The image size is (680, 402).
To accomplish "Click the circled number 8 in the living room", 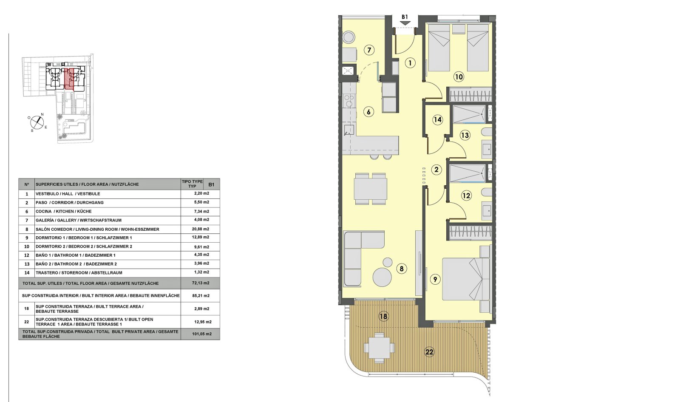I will (401, 269).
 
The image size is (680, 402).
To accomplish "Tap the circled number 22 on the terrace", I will (429, 352).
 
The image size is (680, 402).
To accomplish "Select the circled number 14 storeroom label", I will (438, 120).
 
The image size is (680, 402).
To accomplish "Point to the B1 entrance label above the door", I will (405, 17).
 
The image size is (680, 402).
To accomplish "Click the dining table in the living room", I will (371, 188).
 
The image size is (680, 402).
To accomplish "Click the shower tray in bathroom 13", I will (468, 114).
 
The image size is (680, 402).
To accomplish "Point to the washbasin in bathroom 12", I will (487, 210).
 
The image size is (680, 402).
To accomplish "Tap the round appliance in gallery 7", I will (349, 36).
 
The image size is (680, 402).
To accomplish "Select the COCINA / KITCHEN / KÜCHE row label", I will (63, 211).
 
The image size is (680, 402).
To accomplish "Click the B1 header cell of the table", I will (211, 184).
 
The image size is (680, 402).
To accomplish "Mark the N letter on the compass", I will (42, 114).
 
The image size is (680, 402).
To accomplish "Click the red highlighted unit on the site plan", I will (69, 79).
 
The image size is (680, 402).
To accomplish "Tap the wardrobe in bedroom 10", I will (470, 94).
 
